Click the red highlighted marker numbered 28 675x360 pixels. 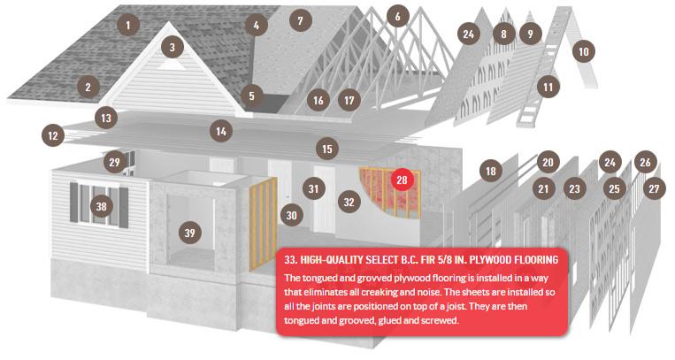pyautogui.click(x=402, y=180)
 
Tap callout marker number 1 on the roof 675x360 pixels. pyautogui.click(x=128, y=26)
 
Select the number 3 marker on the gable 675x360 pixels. pyautogui.click(x=173, y=48)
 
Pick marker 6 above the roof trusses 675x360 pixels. pyautogui.click(x=397, y=16)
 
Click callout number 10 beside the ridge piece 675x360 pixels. pyautogui.click(x=583, y=51)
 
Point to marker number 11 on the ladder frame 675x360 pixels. pyautogui.click(x=548, y=88)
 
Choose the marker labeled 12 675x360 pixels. pyautogui.click(x=53, y=135)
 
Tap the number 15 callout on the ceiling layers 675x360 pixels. pyautogui.click(x=327, y=149)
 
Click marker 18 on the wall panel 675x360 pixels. pyautogui.click(x=491, y=172)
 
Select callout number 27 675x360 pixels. pyautogui.click(x=654, y=188)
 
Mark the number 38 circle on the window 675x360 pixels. pyautogui.click(x=101, y=206)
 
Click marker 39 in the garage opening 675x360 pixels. pyautogui.click(x=190, y=233)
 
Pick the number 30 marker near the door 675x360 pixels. pyautogui.click(x=291, y=215)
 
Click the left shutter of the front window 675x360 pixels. pyautogui.click(x=73, y=203)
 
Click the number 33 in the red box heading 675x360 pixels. pyautogui.click(x=291, y=260)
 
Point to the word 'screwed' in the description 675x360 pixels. pyautogui.click(x=440, y=320)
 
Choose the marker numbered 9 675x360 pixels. pyautogui.click(x=530, y=34)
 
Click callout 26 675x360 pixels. pyautogui.click(x=645, y=162)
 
